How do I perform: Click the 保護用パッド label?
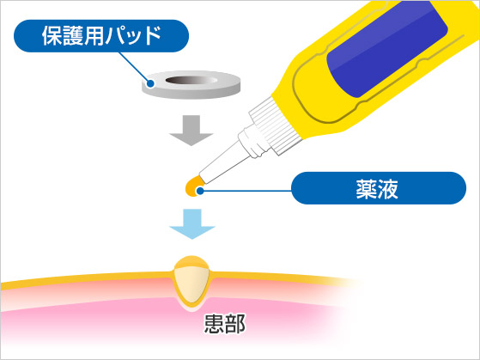click(101, 36)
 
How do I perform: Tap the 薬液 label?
click(379, 188)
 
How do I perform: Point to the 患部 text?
click(225, 324)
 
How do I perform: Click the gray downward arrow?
click(191, 131)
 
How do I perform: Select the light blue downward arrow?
click(192, 224)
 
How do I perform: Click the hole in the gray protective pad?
click(191, 80)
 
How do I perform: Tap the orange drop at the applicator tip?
click(193, 186)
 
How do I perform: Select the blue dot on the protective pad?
click(150, 83)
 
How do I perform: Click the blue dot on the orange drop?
click(200, 191)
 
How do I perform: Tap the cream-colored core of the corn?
click(191, 284)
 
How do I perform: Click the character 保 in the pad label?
click(51, 35)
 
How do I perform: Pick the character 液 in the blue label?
click(389, 188)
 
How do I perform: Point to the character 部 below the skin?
click(235, 324)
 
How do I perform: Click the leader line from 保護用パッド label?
click(134, 67)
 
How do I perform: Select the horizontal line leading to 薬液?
click(246, 191)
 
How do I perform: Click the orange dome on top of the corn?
click(191, 263)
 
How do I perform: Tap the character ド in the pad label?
click(151, 35)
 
